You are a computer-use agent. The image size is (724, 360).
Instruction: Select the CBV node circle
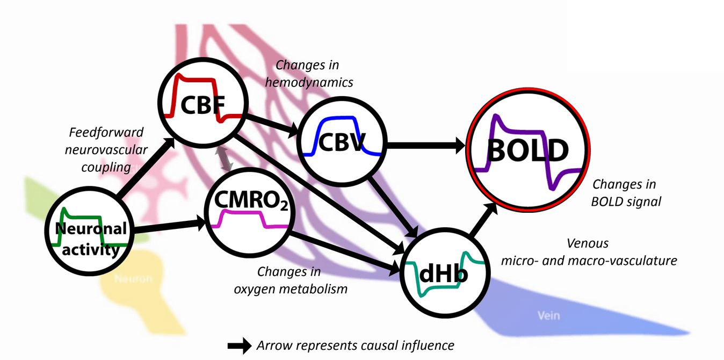point(341,142)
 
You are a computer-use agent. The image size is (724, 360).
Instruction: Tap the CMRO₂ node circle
point(249,215)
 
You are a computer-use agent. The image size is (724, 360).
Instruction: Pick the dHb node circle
point(445,271)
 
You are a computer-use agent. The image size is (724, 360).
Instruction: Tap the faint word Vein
point(548,315)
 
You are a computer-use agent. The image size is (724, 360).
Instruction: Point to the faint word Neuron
point(133,279)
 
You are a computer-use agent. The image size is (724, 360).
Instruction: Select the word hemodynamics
point(314,82)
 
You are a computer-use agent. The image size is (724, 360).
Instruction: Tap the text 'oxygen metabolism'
point(291,289)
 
